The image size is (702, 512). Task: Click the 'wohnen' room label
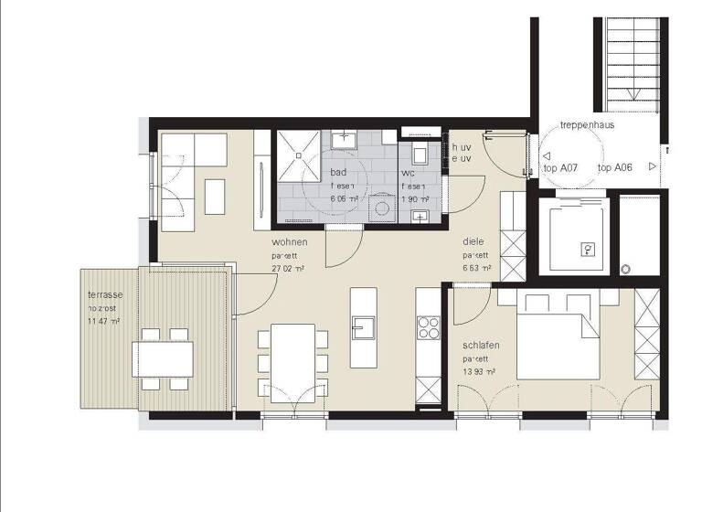[x=289, y=242]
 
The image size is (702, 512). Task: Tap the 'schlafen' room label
[x=480, y=347]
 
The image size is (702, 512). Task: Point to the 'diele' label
[x=473, y=242]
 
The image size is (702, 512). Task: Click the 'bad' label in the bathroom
[x=338, y=172]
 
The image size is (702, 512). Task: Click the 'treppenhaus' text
[x=587, y=125]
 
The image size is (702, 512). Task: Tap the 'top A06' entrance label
[x=615, y=168]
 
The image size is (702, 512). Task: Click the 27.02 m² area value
[x=288, y=269]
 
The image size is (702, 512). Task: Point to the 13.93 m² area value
[x=479, y=372]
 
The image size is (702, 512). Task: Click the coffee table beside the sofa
[x=215, y=196]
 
